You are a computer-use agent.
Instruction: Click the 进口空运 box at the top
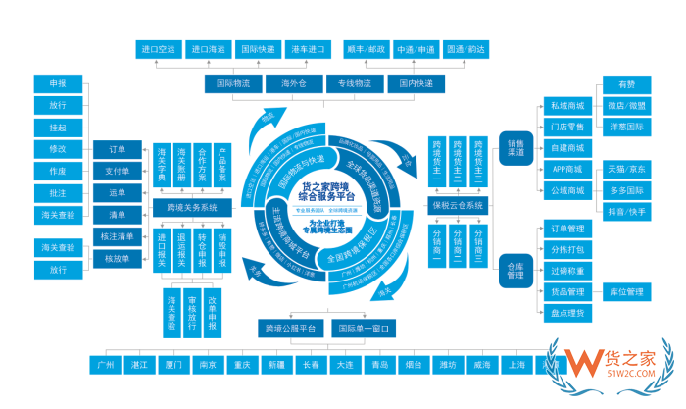(x=159, y=48)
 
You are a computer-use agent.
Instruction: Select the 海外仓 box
(x=294, y=83)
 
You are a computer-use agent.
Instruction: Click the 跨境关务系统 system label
(x=199, y=208)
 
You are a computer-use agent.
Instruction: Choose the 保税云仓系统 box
(x=459, y=206)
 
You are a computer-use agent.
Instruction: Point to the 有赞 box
(x=626, y=84)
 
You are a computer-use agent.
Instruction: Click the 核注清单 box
(x=117, y=236)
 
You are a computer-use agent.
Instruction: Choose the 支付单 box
(x=117, y=171)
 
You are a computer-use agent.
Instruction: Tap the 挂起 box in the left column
(x=57, y=128)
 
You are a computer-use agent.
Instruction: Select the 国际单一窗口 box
(x=365, y=328)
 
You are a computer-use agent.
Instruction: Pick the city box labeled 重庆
(x=239, y=365)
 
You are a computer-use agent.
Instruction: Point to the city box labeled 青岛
(x=379, y=365)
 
